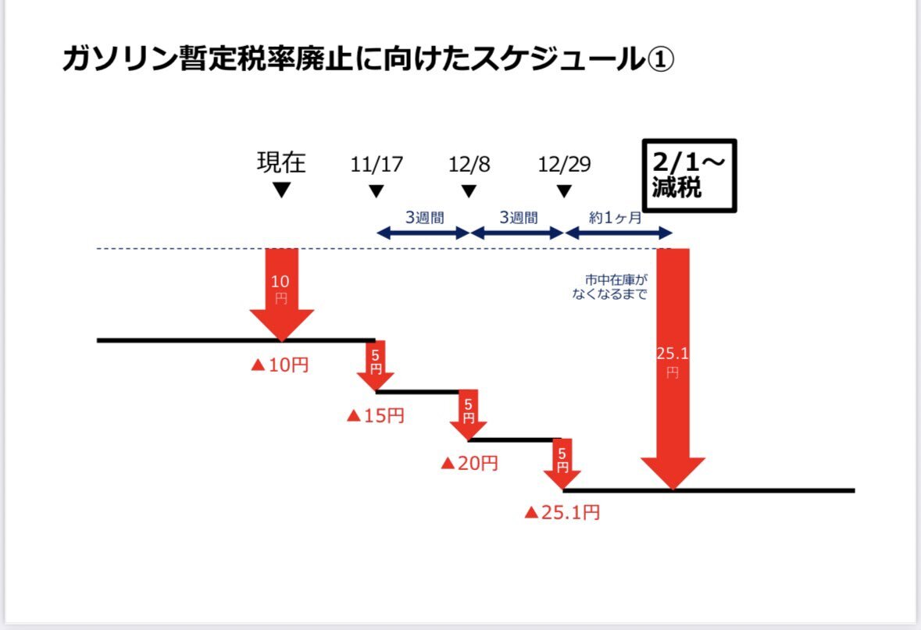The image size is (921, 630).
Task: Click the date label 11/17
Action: click(376, 165)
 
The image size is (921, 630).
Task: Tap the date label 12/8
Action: click(469, 165)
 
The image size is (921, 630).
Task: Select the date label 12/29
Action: click(564, 165)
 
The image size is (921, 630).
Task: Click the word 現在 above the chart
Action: click(281, 162)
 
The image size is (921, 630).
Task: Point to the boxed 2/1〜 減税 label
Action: click(689, 176)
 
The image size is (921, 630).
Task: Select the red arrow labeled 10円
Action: click(281, 293)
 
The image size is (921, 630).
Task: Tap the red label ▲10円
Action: click(280, 365)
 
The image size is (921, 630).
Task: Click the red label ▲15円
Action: click(375, 416)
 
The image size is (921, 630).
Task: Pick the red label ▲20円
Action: click(469, 463)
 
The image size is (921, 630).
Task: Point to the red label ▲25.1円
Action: click(562, 513)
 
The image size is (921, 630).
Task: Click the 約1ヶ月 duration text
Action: click(617, 218)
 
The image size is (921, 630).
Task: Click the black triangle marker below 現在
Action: click(282, 190)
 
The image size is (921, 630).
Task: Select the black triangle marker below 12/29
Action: click(564, 191)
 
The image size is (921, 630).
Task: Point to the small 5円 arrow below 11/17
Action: click(376, 367)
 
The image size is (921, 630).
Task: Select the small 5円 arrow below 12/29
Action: click(563, 464)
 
